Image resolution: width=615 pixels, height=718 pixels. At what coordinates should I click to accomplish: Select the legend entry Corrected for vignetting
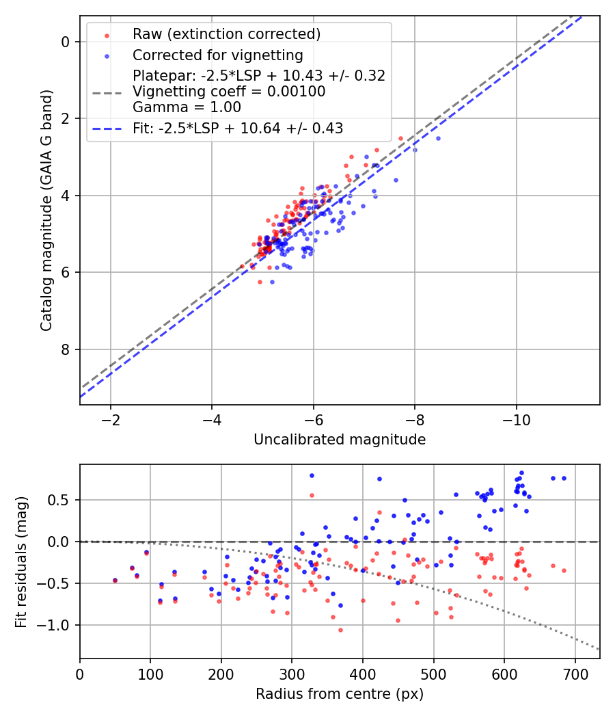coord(218,55)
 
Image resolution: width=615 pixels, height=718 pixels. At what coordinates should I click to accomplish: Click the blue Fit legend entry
coord(238,128)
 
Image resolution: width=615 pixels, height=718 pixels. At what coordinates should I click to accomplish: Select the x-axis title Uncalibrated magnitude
coord(340,440)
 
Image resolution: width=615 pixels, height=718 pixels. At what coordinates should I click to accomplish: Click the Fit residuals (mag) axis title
coord(21,561)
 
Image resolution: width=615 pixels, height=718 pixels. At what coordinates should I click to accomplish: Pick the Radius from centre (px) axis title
coord(340,694)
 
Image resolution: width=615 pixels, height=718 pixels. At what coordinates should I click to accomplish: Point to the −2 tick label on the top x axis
coord(111,419)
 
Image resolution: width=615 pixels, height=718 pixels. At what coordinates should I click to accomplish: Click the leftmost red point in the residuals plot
coord(115,581)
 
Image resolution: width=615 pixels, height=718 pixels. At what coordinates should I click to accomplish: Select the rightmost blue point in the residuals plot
coord(564,478)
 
